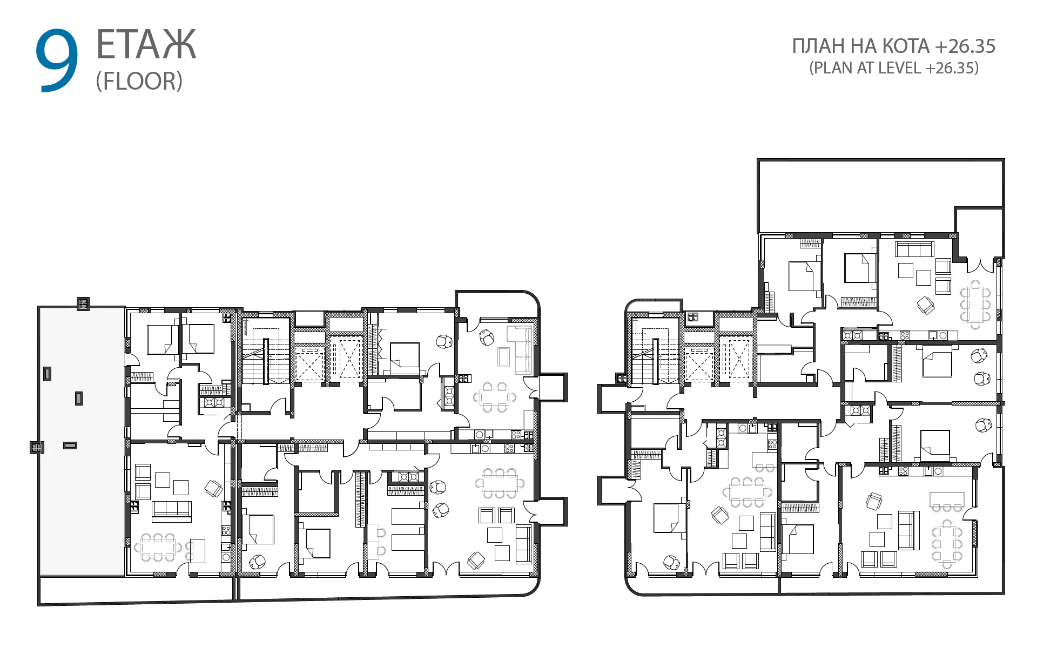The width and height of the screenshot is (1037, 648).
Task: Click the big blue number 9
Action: click(x=57, y=60)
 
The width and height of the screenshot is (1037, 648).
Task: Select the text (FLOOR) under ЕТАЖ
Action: click(x=139, y=81)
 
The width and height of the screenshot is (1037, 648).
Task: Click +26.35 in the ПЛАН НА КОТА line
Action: click(x=965, y=46)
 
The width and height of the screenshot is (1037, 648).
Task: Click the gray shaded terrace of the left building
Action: click(x=82, y=442)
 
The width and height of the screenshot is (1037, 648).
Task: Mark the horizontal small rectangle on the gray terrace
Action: click(x=70, y=446)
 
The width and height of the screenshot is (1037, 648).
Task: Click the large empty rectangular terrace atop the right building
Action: click(x=880, y=196)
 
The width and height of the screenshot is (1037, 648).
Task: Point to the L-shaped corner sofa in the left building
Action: click(x=522, y=350)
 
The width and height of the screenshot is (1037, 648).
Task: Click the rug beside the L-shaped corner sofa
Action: click(x=503, y=357)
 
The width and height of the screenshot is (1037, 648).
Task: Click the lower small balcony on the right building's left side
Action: click(x=612, y=490)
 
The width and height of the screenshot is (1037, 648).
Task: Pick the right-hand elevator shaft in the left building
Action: click(x=346, y=359)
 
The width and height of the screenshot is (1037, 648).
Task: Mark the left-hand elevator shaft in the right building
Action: click(x=699, y=365)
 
